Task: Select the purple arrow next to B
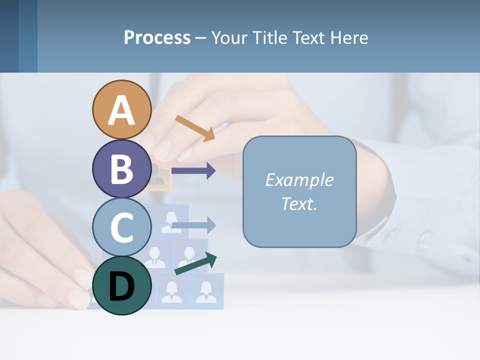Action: [193, 170]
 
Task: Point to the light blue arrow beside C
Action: [193, 225]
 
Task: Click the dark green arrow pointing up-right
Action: [196, 263]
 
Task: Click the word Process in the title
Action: [157, 37]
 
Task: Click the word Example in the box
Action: [299, 180]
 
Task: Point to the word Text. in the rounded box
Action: [299, 203]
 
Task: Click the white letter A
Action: [121, 111]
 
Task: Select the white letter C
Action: [121, 228]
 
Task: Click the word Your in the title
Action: [230, 37]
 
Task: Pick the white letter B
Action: [121, 169]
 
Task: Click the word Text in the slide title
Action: [309, 37]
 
